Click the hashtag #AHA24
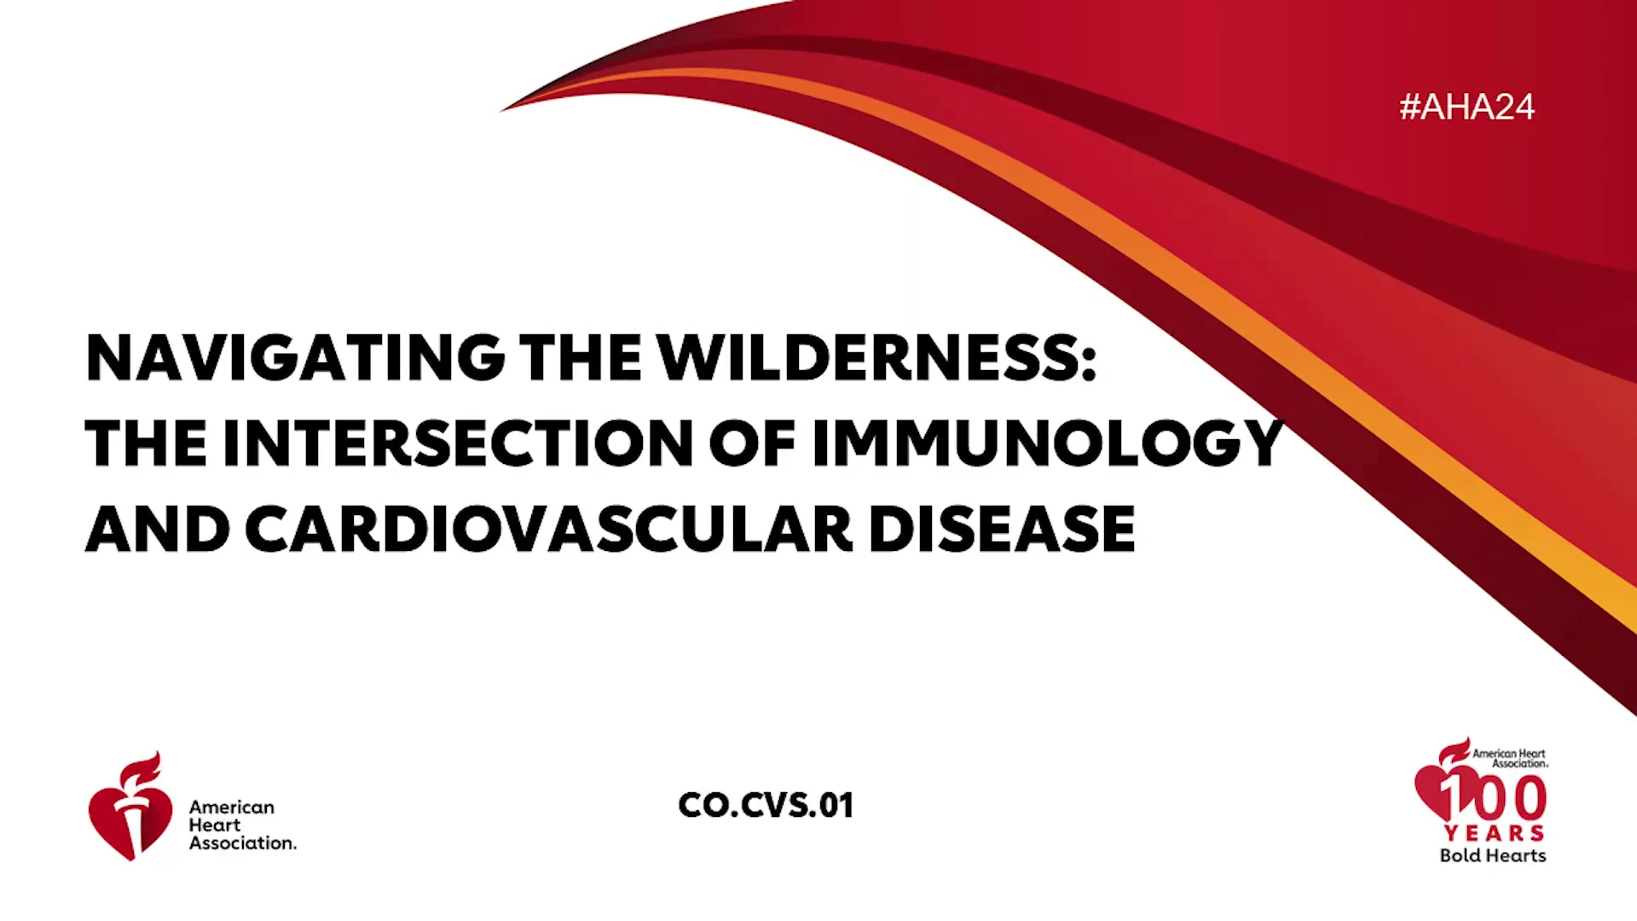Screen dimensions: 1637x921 point(1466,107)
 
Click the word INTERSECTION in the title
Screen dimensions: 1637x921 point(458,443)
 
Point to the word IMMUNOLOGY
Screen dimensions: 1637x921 point(1048,443)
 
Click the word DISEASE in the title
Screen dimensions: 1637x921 point(1002,530)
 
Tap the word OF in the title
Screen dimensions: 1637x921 point(753,443)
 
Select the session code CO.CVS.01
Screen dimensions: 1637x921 point(766,805)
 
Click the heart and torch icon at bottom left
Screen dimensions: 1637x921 point(130,807)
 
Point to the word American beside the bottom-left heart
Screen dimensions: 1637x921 point(232,807)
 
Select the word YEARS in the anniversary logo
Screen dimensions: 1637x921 point(1495,833)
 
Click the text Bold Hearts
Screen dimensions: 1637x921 point(1493,855)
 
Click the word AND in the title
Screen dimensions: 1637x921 point(158,530)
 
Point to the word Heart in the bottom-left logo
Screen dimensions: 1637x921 point(215,825)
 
